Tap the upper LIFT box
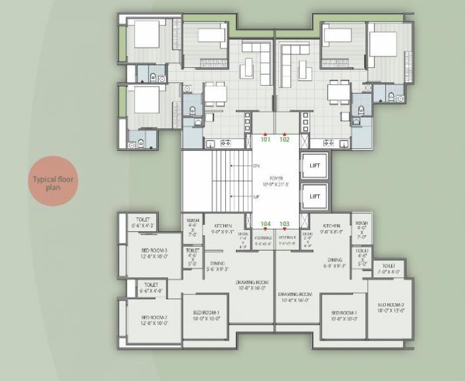315,166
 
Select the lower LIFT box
315,196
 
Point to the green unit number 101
266,140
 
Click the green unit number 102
284,140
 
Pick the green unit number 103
285,224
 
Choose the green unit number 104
266,224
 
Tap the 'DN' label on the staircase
256,165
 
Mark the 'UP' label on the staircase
256,197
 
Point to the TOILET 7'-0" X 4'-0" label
389,268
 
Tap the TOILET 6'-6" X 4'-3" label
143,223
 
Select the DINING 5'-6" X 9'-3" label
217,266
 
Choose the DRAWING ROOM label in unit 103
296,297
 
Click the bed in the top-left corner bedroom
147,35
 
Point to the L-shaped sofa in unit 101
260,60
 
